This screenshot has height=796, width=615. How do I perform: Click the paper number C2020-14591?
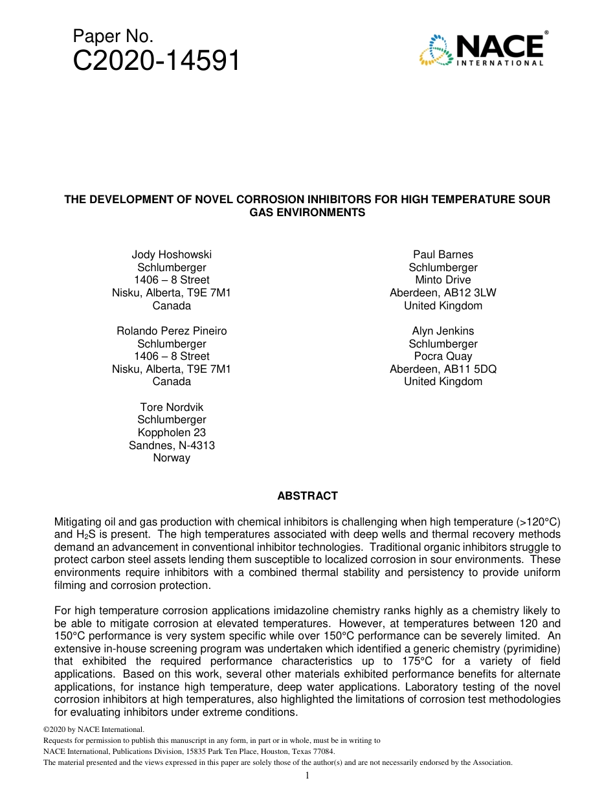[x=156, y=61]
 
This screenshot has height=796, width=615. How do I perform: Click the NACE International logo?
[x=483, y=49]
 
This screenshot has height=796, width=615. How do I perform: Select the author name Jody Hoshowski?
[x=172, y=254]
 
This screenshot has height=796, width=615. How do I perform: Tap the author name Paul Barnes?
[x=443, y=254]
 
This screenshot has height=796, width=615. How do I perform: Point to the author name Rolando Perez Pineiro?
[x=172, y=331]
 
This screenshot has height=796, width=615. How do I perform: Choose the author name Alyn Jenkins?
[x=443, y=331]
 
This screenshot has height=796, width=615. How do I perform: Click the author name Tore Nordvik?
[x=172, y=407]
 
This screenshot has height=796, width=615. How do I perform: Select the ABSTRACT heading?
[x=307, y=496]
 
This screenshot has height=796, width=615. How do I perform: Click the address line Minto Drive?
[x=443, y=280]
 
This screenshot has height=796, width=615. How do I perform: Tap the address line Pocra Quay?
[x=443, y=356]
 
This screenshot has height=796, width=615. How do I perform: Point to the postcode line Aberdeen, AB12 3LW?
[x=443, y=293]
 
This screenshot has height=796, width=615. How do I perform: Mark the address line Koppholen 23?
[x=172, y=432]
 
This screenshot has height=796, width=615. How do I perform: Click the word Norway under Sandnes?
[x=172, y=458]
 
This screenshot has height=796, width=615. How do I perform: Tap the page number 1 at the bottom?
[x=307, y=775]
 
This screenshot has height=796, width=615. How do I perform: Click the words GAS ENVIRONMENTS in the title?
[x=307, y=212]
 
